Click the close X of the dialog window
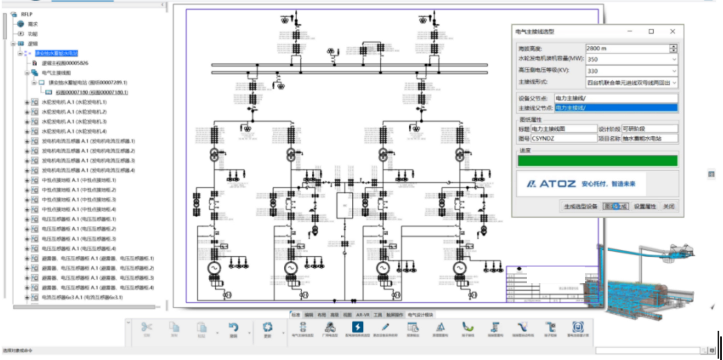(672, 32)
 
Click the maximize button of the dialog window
(651, 32)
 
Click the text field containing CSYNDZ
(563, 138)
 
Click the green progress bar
(597, 161)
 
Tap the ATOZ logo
(581, 184)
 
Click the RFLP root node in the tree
(26, 14)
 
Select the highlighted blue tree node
(57, 53)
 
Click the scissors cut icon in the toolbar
(147, 327)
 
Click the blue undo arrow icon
(233, 327)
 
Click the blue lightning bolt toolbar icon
(358, 327)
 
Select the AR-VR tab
(363, 315)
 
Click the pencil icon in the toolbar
(385, 327)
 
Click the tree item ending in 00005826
(65, 63)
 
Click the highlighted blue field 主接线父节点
(616, 108)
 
